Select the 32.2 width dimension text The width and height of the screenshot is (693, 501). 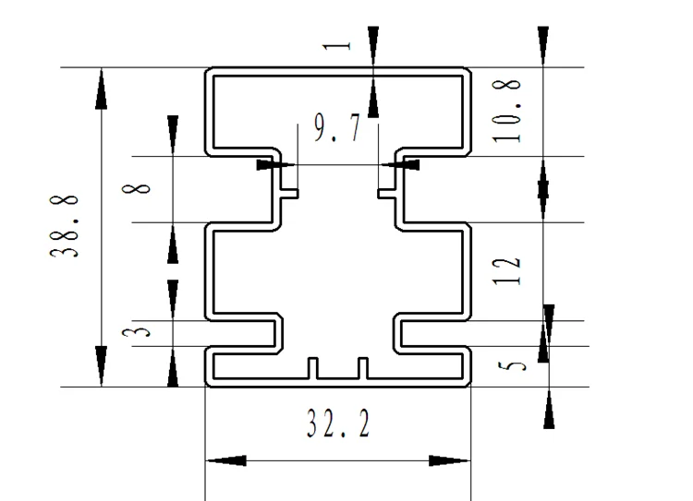(x=338, y=423)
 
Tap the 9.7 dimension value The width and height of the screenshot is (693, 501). (x=337, y=130)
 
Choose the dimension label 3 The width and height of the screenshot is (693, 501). (x=139, y=331)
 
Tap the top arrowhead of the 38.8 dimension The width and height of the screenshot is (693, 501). (x=100, y=87)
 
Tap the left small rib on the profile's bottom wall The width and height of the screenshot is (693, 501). (x=312, y=367)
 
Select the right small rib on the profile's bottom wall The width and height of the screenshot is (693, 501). (x=362, y=367)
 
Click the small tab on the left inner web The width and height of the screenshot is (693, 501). (x=290, y=193)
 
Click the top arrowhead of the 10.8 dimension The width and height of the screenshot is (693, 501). (x=542, y=46)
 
